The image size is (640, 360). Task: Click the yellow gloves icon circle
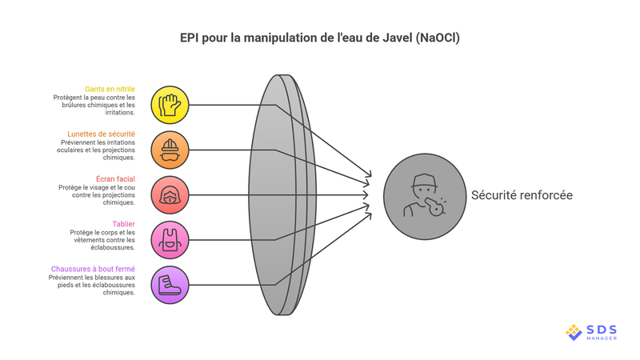point(170,105)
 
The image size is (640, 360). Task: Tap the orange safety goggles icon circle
point(170,150)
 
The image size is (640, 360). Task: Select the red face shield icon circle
point(170,194)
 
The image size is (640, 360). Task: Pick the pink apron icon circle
point(170,239)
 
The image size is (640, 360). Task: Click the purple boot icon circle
point(170,284)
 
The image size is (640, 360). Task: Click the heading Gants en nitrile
point(110,89)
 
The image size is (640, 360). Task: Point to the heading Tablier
point(123,223)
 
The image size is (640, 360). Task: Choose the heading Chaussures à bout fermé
point(93,269)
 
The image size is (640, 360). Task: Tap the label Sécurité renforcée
point(522,195)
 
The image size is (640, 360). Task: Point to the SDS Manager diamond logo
point(574,331)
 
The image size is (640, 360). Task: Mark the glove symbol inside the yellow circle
point(170,105)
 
